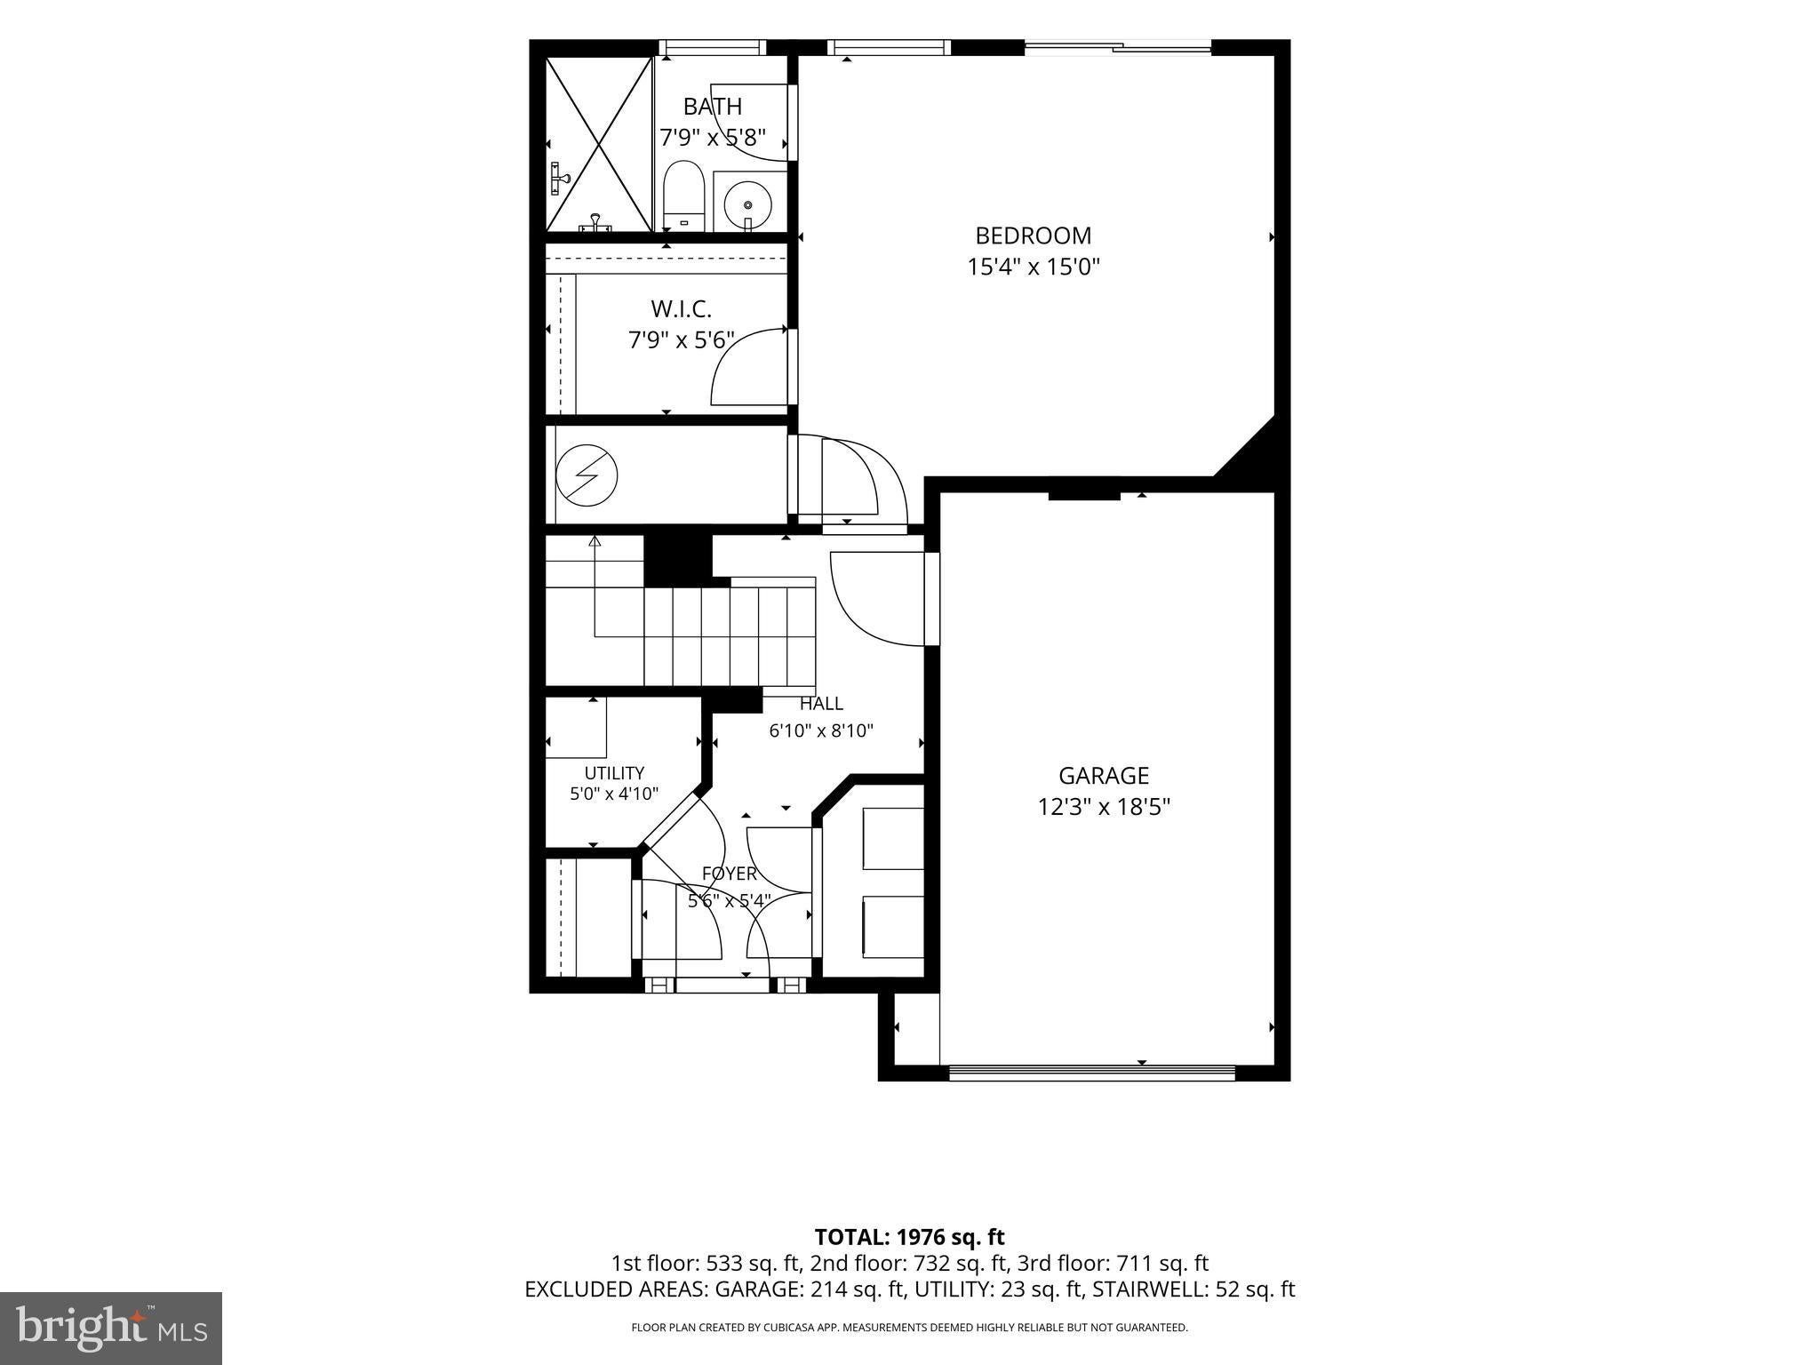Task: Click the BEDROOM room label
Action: (1033, 235)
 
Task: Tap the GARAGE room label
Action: (1104, 776)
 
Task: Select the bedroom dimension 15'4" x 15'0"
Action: (1034, 267)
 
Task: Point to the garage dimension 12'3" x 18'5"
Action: (1104, 807)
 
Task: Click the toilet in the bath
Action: (683, 196)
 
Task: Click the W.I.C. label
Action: (682, 309)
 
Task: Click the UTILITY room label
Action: (614, 773)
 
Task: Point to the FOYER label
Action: (730, 874)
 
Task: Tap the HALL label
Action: (821, 704)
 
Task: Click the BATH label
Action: (713, 107)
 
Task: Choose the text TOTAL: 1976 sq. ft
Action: (910, 1237)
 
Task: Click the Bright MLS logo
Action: (112, 1327)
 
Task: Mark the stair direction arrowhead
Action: (595, 541)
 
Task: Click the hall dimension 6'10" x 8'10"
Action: (821, 731)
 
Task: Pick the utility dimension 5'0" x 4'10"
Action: (614, 794)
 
